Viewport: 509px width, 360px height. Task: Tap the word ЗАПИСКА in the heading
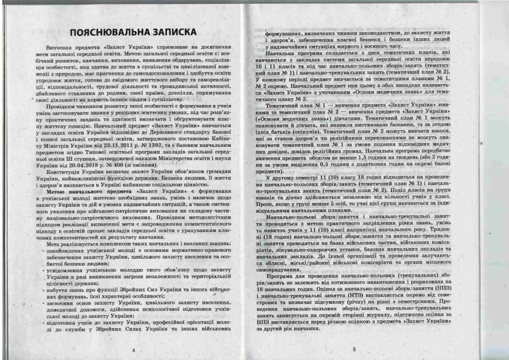pos(171,32)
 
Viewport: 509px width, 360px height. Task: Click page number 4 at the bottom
pos(134,350)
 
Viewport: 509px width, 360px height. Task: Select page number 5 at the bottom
pos(354,350)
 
